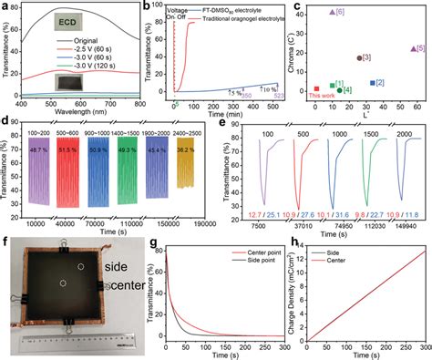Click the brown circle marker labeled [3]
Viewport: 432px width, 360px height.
point(359,57)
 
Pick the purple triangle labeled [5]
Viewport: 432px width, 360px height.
point(414,47)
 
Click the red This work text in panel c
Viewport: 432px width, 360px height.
point(321,96)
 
